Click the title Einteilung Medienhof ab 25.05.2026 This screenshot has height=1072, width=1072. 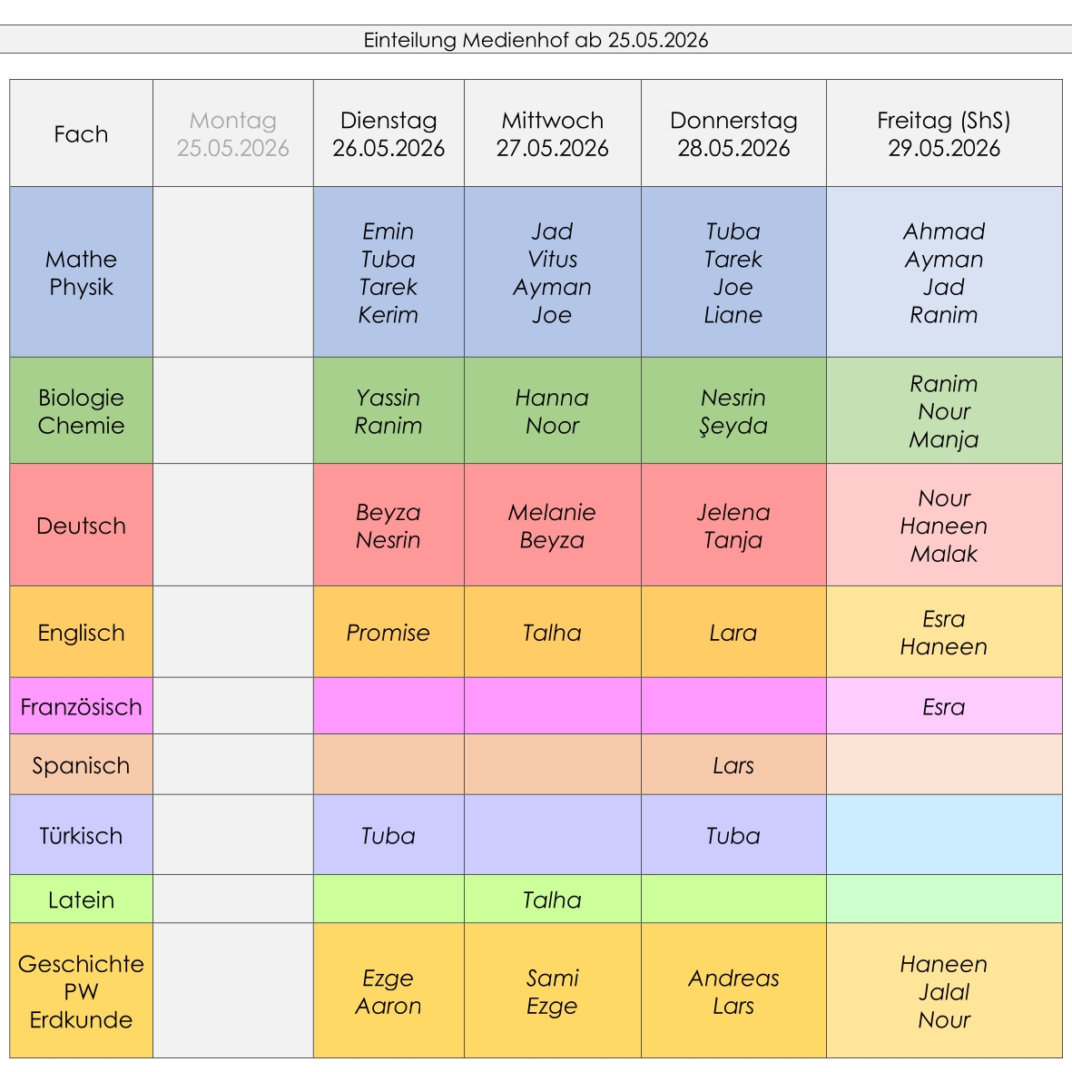536,40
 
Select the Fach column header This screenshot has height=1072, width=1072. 81,133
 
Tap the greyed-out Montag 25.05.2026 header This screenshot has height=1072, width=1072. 233,133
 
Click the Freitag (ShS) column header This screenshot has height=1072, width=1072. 944,133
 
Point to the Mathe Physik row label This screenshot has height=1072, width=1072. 81,272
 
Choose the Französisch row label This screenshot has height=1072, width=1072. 81,706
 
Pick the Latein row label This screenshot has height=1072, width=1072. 81,899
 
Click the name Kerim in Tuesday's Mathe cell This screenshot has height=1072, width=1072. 388,314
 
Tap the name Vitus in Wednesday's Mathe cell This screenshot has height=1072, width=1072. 553,259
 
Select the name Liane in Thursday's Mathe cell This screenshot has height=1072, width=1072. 733,314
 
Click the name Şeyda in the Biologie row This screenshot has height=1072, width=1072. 733,426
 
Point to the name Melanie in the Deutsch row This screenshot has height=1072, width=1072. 552,512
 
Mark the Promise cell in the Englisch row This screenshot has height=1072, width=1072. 388,633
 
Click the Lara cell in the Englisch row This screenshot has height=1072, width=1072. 733,633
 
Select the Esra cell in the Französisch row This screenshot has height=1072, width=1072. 944,706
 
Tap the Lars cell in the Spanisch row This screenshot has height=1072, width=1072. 733,764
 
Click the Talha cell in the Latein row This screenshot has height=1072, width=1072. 553,899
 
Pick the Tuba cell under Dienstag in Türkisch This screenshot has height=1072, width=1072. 388,835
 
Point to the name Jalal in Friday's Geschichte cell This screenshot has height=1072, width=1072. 944,991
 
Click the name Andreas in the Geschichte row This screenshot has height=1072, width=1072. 733,978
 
